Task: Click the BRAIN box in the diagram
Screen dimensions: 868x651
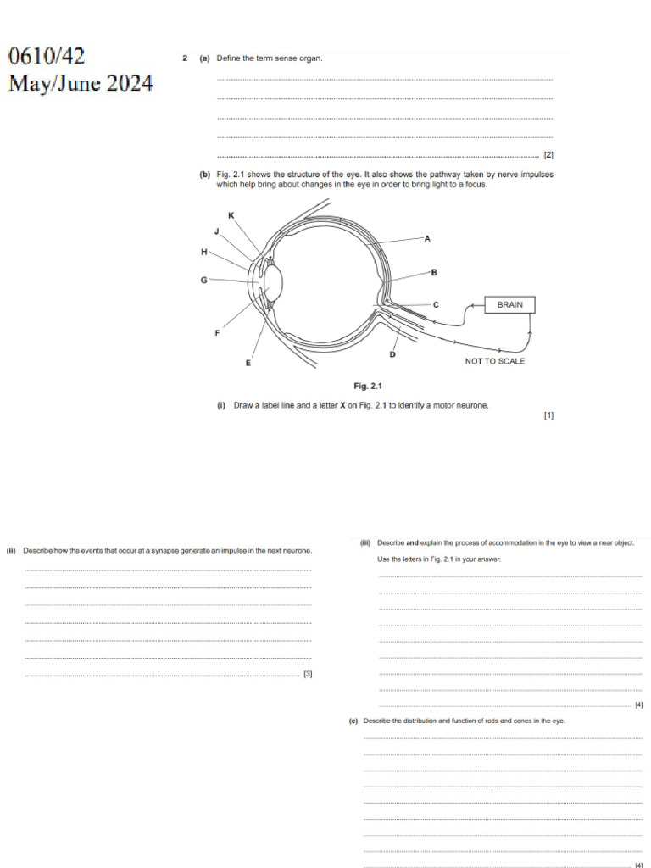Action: [x=509, y=304]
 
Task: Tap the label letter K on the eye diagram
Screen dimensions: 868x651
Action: [x=231, y=216]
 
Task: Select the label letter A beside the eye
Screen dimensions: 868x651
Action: [x=427, y=239]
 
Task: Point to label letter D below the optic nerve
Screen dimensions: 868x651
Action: [x=392, y=353]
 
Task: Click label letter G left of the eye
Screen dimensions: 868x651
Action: [x=203, y=279]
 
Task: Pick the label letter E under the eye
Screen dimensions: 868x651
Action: [x=248, y=363]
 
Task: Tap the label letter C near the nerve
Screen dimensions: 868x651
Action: [x=436, y=304]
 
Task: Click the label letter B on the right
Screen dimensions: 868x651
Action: [x=434, y=272]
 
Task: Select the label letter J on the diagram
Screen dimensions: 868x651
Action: [x=216, y=231]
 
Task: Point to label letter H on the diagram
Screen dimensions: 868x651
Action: [x=203, y=252]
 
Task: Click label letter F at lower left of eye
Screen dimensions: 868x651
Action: [x=217, y=333]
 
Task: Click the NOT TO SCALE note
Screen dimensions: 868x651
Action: [x=495, y=361]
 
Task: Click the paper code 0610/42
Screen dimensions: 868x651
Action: [x=47, y=57]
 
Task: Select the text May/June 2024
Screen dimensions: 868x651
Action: [x=81, y=84]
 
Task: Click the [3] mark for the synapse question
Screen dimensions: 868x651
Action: [x=308, y=675]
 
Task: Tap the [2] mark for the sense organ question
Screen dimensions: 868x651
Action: [x=548, y=155]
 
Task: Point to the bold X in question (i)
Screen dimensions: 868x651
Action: [x=342, y=406]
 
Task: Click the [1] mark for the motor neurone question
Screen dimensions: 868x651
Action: [x=548, y=415]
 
